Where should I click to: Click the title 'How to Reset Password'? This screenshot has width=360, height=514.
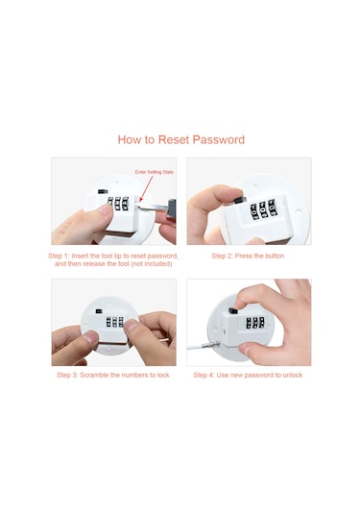(181, 139)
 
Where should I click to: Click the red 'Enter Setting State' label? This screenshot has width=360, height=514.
(155, 172)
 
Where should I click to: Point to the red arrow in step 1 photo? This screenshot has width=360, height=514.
(146, 189)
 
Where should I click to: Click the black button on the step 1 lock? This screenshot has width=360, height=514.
(103, 191)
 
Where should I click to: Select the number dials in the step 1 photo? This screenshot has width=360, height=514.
(118, 204)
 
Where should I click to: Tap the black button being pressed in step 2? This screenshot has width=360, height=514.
(240, 200)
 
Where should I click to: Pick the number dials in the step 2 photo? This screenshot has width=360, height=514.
(264, 208)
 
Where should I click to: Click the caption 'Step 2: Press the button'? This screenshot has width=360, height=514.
(248, 256)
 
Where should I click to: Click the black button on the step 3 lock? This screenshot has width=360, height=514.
(98, 310)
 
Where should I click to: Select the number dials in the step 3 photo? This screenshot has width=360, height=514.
(114, 322)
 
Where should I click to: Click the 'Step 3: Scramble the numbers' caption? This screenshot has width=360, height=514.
(113, 375)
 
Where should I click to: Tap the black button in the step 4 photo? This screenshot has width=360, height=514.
(233, 310)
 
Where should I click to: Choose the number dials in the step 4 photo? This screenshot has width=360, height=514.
(255, 323)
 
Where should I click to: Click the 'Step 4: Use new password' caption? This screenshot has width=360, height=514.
(248, 375)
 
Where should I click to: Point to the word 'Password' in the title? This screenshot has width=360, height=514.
(219, 139)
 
